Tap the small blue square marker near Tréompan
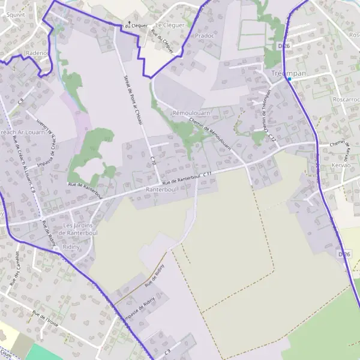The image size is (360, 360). click(x=289, y=79)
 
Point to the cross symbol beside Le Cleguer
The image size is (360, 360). click(x=127, y=25)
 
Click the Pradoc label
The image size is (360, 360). click(x=204, y=35)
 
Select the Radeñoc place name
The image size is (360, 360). click(x=37, y=53)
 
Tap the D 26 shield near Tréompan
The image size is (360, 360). click(x=284, y=46)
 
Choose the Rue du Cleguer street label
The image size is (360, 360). click(x=163, y=41)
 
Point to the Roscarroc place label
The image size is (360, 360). click(x=346, y=100)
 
